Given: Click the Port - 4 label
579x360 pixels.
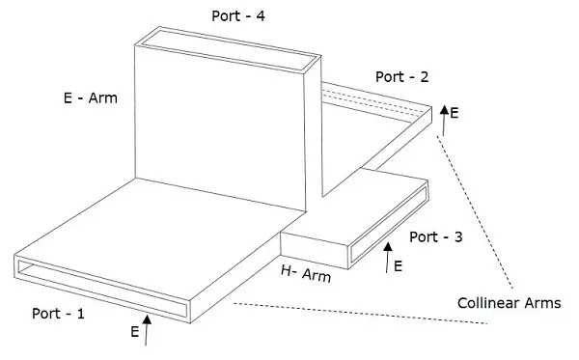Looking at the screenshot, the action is pos(238,15).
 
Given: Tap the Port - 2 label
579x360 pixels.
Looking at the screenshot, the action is pos(402,77).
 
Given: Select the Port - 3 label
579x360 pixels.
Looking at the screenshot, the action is pos(436,236).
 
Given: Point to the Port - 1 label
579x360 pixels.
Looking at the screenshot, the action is pos(58,314).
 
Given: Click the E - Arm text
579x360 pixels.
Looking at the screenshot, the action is pos(91,97).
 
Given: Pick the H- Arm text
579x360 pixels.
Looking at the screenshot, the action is pos(306,273).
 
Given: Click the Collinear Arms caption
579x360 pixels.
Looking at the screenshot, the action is pos(510,303).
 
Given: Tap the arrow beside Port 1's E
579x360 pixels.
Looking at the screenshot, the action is pos(147,330).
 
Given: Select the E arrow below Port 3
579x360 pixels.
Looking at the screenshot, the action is pos(387,258).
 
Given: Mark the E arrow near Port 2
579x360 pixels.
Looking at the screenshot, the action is pos(444,121).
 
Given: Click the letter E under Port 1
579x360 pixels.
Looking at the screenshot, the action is pos(135,332).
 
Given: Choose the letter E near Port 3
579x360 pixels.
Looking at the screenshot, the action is pos(398,266).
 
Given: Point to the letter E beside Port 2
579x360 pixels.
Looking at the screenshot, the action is pos(455,113).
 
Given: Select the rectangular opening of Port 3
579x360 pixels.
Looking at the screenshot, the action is pos(389,224).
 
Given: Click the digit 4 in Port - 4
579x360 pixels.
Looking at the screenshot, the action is pos(261,15).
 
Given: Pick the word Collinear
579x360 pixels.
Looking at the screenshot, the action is pos(489,303).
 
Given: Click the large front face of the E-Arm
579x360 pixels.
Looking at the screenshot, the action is pos(220,127).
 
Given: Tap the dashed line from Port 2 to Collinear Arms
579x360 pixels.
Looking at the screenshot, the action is pos(475,211).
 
